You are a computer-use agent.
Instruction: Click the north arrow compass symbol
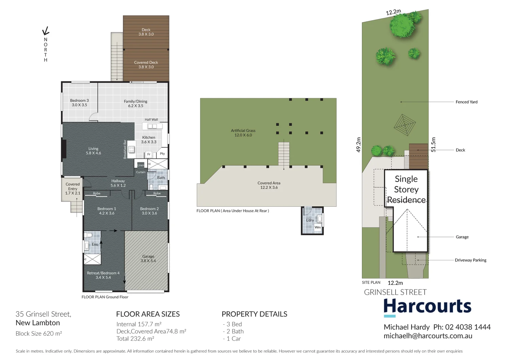(x=46, y=31)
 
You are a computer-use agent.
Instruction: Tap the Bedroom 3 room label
(x=79, y=100)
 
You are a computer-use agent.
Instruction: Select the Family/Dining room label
(x=135, y=101)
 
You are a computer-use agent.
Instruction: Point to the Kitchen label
(x=148, y=137)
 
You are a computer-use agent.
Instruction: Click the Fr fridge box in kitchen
(x=149, y=154)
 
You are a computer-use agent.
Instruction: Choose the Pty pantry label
(x=162, y=154)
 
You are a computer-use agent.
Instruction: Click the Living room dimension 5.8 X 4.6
(x=93, y=153)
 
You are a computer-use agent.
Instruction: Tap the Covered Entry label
(x=73, y=186)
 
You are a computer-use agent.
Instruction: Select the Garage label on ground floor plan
(x=148, y=256)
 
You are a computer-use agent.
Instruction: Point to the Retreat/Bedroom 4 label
(x=103, y=273)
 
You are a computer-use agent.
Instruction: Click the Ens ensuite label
(x=95, y=244)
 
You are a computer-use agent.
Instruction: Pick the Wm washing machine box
(x=318, y=227)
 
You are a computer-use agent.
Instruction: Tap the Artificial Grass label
(x=243, y=131)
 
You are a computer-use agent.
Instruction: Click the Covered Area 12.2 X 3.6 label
(x=269, y=185)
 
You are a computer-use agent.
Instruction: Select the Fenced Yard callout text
(x=466, y=102)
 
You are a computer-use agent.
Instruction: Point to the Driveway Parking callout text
(x=470, y=260)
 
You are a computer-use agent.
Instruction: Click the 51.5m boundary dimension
(x=433, y=145)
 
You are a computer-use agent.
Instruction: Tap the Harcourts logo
(x=427, y=307)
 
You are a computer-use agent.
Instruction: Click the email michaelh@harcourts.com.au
(x=428, y=336)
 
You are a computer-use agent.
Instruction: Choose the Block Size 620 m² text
(x=39, y=334)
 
